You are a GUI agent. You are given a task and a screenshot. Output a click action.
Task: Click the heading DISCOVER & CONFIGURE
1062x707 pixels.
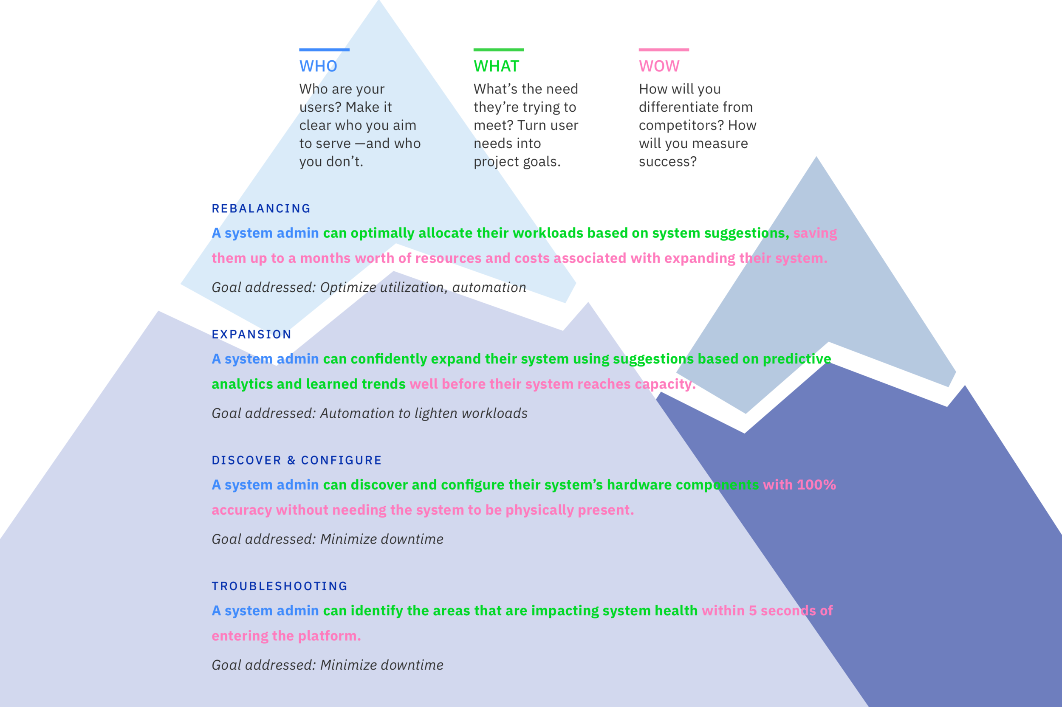tap(297, 460)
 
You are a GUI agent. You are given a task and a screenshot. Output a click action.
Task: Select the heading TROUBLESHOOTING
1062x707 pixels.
tap(280, 586)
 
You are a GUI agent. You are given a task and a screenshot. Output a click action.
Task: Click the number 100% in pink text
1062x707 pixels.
tap(816, 485)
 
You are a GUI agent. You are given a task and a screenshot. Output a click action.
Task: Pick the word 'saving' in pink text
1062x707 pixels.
tap(815, 233)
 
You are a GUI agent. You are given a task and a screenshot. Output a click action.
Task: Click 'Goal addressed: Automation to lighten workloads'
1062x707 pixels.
tap(369, 414)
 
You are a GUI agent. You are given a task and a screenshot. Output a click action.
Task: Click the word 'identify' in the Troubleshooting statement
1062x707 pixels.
tap(376, 611)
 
